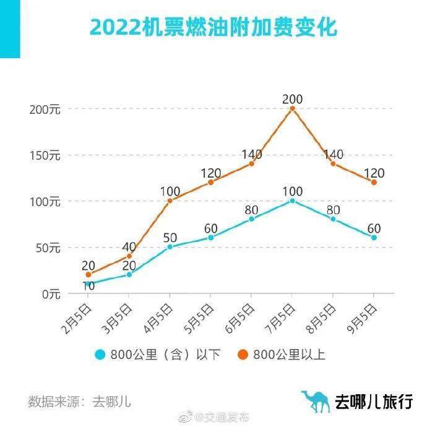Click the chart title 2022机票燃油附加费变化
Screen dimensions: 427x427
coord(213,27)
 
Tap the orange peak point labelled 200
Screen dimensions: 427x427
coord(292,108)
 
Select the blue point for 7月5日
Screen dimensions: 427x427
coord(292,201)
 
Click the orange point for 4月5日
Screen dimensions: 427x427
coord(170,201)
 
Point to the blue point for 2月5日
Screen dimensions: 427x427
coord(88,283)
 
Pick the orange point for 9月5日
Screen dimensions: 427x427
coord(374,182)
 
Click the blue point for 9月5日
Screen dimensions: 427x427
coord(374,237)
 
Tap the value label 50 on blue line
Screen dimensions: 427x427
coord(170,237)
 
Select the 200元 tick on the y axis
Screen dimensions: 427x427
coord(45,109)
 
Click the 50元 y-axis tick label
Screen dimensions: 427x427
coord(47,248)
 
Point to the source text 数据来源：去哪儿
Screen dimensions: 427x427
coord(79,400)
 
